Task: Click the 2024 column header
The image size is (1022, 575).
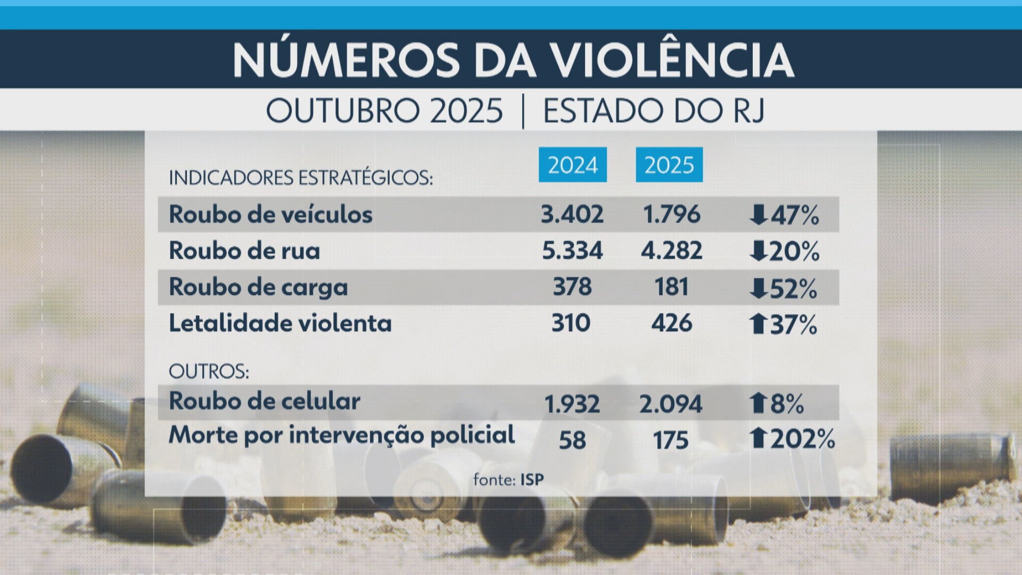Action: [572, 165]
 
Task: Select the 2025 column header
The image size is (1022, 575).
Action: [669, 165]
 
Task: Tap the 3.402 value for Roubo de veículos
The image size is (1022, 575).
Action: [572, 215]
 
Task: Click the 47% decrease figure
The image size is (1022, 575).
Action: [794, 216]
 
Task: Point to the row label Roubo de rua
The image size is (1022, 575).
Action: [244, 251]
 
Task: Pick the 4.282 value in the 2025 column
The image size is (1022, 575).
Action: [671, 251]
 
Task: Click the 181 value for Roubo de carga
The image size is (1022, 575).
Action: [671, 287]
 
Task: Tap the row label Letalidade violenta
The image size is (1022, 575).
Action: [280, 323]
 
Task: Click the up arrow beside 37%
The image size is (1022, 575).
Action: [757, 324]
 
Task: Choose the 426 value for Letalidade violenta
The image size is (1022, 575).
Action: [671, 323]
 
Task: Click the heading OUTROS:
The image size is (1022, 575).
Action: [209, 371]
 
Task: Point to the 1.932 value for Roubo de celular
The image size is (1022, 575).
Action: [572, 404]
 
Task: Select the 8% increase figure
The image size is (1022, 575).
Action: [787, 404]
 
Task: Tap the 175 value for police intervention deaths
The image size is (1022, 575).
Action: [671, 440]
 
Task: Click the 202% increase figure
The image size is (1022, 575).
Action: [803, 439]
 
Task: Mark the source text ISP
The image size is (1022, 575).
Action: [532, 480]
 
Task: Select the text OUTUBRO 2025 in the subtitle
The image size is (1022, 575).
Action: [384, 111]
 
